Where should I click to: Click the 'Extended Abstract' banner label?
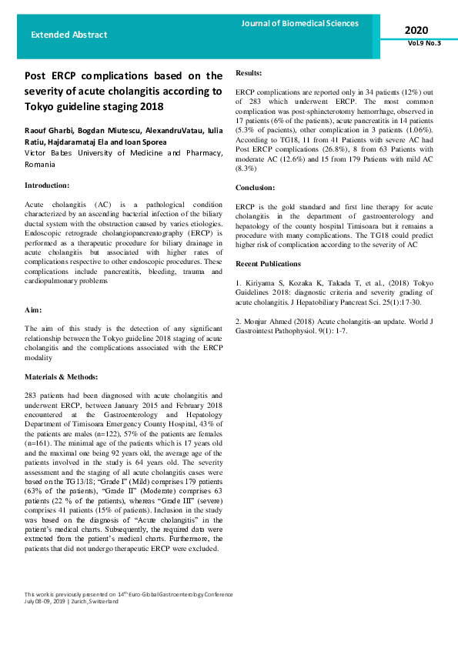tap(69, 35)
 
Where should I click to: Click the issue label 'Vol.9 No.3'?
tap(425, 43)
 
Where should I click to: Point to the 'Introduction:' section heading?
tap(47, 185)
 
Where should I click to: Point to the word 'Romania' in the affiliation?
tap(40, 165)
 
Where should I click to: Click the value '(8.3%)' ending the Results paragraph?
tap(248, 168)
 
